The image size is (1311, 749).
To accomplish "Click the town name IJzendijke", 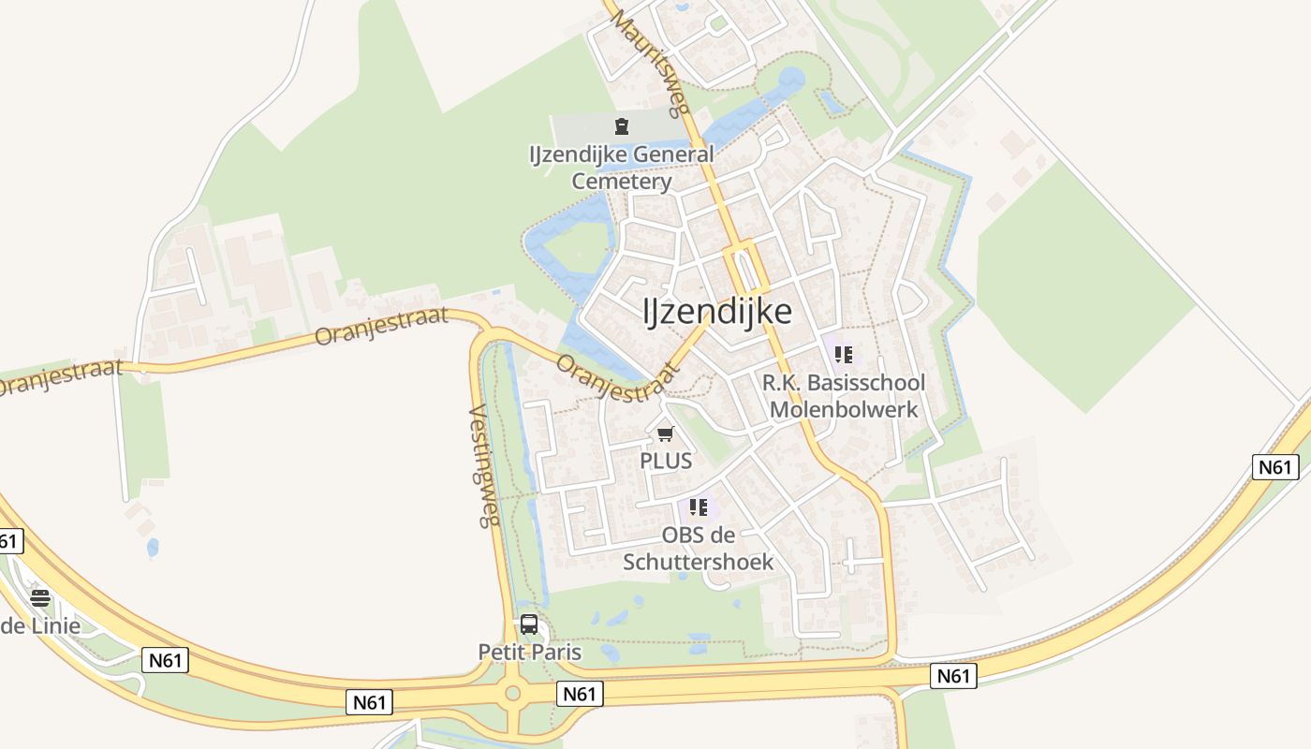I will coord(717,312).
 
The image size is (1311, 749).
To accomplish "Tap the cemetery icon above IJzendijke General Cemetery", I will coord(621,125).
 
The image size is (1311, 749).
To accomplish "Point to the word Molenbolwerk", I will coord(843,410).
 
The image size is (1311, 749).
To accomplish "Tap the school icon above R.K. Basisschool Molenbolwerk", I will coord(843,355).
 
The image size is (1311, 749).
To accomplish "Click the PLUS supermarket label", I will coord(666,461).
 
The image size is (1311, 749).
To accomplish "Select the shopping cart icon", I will coord(666,433).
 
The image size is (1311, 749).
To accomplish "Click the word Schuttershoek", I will coord(699,562).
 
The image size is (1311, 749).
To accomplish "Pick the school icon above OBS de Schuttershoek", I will coord(698,507).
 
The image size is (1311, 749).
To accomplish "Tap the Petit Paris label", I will coord(529,653).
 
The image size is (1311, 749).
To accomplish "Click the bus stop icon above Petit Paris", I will coord(529,624).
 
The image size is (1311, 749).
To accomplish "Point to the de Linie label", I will coord(40,625).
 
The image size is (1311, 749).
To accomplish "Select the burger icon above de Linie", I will coord(40,598).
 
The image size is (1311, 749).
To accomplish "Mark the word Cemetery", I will coord(621,182).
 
